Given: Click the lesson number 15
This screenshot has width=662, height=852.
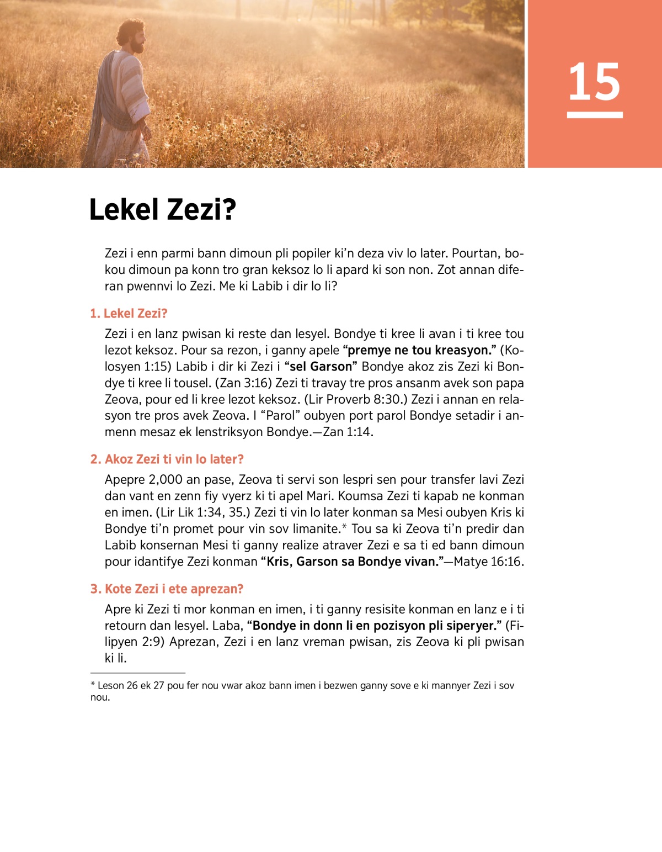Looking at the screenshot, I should (594, 82).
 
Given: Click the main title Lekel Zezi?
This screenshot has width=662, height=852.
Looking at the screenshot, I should (163, 210).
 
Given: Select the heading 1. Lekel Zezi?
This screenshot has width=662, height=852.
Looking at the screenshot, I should (129, 314).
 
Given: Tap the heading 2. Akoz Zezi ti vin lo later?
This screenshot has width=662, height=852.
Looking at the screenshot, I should (167, 459).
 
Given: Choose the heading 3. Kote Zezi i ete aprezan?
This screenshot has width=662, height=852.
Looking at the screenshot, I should (167, 589).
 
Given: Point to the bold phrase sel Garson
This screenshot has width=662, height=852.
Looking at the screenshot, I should (321, 367).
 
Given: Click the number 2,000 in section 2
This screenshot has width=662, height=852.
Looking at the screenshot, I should (165, 480).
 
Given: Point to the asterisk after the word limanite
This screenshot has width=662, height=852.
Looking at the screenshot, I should (344, 528).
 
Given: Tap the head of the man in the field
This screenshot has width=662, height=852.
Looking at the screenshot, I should (132, 36).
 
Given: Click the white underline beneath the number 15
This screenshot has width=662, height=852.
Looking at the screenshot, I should (594, 115).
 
